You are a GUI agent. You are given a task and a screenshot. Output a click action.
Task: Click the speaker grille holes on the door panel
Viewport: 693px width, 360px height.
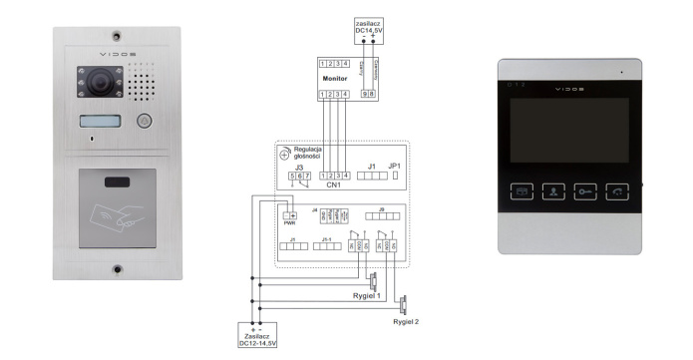click(142, 85)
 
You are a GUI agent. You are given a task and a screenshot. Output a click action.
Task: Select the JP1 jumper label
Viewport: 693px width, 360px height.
click(394, 165)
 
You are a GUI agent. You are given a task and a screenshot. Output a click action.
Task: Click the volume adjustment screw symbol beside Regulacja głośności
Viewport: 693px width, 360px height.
click(286, 154)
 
